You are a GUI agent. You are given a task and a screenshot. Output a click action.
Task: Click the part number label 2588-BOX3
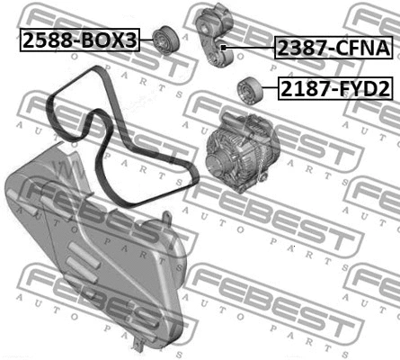click(x=80, y=40)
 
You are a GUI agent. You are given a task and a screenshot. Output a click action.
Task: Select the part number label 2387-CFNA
click(x=333, y=48)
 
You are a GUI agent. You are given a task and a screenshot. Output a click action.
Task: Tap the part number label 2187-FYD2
click(x=335, y=88)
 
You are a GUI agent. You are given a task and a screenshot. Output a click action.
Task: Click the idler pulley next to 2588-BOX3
click(x=165, y=41)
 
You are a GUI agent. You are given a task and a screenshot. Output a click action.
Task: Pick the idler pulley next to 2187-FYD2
click(x=250, y=91)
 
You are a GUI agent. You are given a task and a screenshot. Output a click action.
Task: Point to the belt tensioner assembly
click(x=215, y=35)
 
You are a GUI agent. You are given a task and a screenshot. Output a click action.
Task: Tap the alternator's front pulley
click(x=217, y=161)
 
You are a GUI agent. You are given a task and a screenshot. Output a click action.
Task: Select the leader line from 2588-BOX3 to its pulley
click(x=146, y=40)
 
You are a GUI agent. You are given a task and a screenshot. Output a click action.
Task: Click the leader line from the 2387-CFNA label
click(x=250, y=48)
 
